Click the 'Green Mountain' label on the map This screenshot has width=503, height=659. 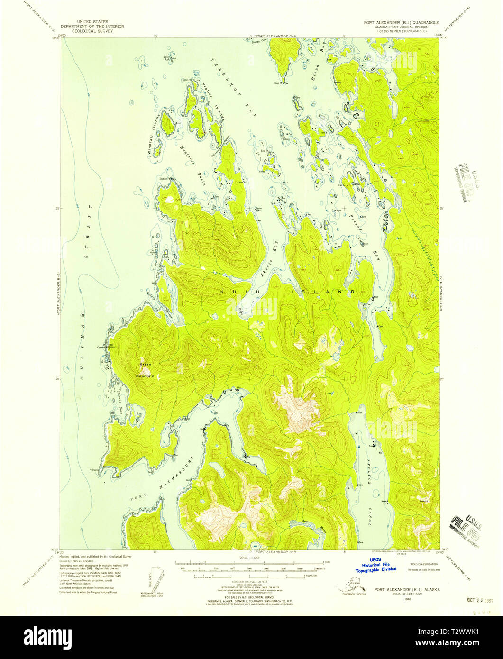(x=146, y=370)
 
